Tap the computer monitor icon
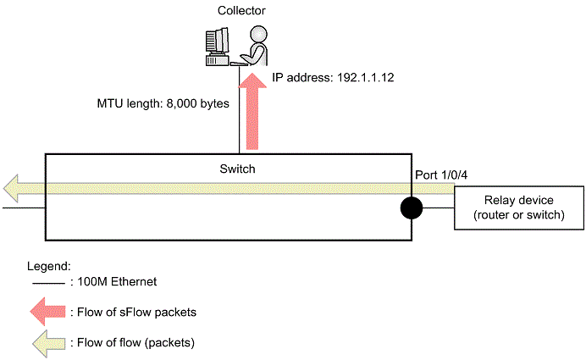tap(216, 42)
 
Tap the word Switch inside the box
tap(236, 169)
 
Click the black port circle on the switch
tap(412, 208)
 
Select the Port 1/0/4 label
tap(441, 175)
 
